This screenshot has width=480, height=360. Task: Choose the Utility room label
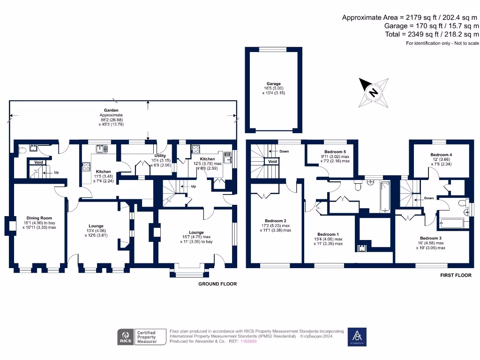point(160,156)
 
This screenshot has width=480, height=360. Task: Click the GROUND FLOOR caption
point(217,284)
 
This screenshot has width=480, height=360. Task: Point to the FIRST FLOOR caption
point(456,276)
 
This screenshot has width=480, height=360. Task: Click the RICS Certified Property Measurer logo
point(142,337)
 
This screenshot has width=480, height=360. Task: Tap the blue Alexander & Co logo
point(357,337)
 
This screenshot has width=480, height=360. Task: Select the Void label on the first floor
point(272,162)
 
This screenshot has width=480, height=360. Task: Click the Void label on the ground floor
point(38,162)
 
